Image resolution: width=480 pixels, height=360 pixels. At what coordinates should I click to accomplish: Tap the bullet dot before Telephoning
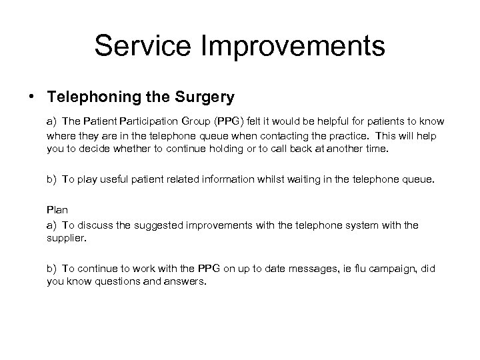click(33, 97)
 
